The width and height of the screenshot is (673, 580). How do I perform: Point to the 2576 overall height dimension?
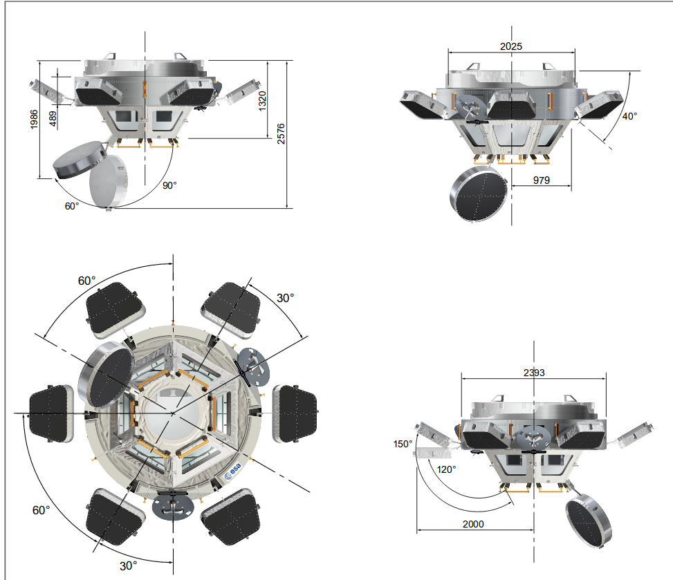pyautogui.click(x=280, y=133)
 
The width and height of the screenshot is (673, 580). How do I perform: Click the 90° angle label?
pyautogui.click(x=169, y=185)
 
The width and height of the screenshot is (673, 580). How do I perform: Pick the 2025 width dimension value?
pyautogui.click(x=512, y=46)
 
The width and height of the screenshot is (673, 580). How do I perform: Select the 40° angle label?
pyautogui.click(x=629, y=116)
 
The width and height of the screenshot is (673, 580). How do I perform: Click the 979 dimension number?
pyautogui.click(x=541, y=180)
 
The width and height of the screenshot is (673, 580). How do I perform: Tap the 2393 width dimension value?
pyautogui.click(x=533, y=373)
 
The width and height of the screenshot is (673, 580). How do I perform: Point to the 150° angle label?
pyautogui.click(x=403, y=444)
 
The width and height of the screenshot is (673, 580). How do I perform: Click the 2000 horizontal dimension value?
pyautogui.click(x=474, y=524)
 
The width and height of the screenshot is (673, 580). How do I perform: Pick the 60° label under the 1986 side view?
pyautogui.click(x=73, y=206)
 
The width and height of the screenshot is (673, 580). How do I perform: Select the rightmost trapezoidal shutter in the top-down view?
pyautogui.click(x=295, y=413)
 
